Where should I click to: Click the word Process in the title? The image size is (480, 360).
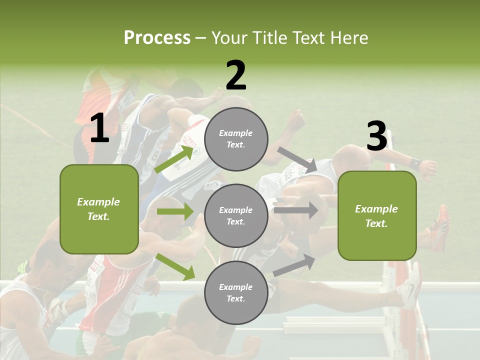click(157, 37)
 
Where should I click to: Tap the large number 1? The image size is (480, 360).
click(99, 128)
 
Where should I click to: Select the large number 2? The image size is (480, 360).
click(235, 75)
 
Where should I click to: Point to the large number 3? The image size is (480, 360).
click(376, 136)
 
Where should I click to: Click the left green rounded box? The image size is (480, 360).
click(99, 209)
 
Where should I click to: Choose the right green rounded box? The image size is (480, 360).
click(377, 216)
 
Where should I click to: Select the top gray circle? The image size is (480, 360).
click(236, 139)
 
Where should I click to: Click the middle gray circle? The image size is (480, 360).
click(236, 216)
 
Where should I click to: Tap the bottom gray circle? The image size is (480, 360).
click(236, 293)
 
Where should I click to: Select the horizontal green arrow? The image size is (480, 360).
click(174, 211)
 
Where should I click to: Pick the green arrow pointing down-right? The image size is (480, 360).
click(175, 266)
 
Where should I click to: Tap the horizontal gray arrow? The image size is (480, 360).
click(296, 210)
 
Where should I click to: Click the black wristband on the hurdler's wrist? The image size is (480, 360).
click(414, 163)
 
